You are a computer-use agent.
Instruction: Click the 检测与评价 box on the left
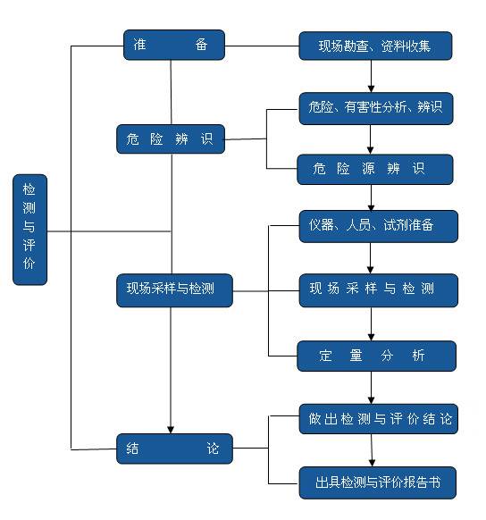(x=29, y=230)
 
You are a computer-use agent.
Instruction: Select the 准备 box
(x=173, y=46)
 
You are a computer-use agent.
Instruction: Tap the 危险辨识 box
(x=170, y=139)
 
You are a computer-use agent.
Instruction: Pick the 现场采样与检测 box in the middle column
(x=175, y=289)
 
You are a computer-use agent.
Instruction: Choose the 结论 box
(x=174, y=449)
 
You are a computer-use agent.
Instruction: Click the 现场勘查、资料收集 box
(x=375, y=45)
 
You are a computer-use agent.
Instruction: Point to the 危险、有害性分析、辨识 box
(x=375, y=107)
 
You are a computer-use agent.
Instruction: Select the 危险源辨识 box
(x=375, y=169)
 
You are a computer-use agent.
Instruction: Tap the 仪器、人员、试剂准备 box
(x=378, y=226)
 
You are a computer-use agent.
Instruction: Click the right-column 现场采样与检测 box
(x=378, y=289)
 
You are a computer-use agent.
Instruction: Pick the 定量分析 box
(x=376, y=356)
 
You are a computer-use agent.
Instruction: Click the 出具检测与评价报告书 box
(x=378, y=482)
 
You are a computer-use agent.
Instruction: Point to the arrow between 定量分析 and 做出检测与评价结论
(x=372, y=386)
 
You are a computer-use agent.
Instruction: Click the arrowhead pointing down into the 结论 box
(x=171, y=428)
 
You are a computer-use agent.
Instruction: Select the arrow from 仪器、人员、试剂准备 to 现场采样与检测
(x=372, y=257)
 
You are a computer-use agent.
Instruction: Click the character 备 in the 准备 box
(x=201, y=46)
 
